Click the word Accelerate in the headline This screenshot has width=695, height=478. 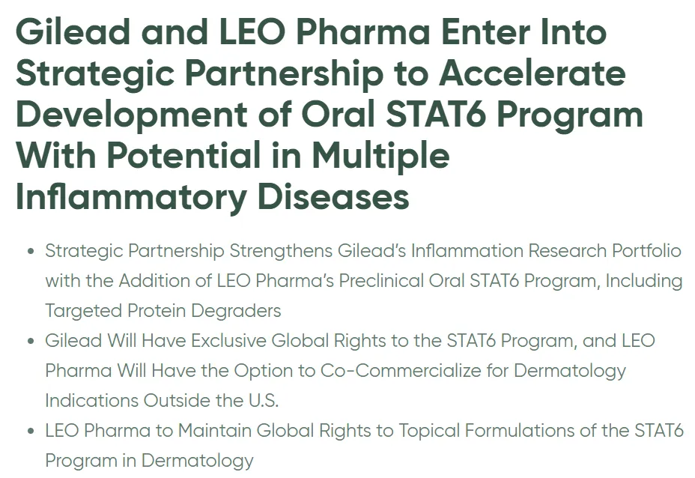pos(532,73)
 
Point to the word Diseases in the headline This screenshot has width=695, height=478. pos(333,197)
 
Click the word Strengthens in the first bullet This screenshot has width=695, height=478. pos(281,252)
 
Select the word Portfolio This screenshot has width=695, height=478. pos(646,251)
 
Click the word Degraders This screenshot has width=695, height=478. pos(236,311)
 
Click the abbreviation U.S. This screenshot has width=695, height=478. pos(264,401)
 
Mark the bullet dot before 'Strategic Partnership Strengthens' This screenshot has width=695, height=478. pos(31,252)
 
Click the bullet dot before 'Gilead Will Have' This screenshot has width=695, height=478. pos(31,342)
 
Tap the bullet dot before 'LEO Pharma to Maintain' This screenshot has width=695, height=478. pos(31,431)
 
